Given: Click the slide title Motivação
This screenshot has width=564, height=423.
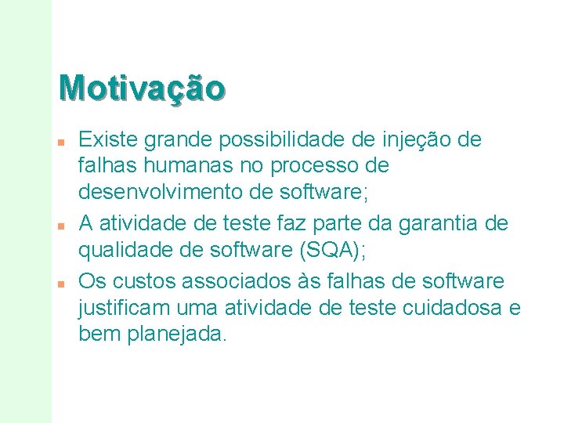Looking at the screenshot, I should tap(142, 87).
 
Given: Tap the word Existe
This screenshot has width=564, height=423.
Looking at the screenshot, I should tap(103, 140).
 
